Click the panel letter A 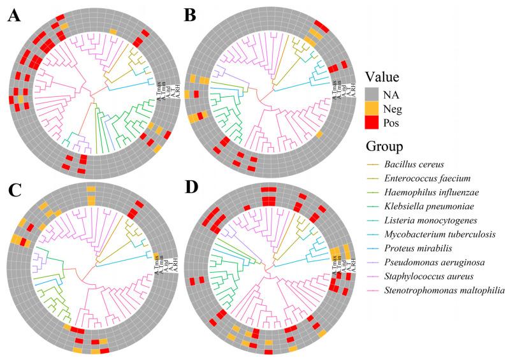click(14, 17)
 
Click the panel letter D click(190, 189)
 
